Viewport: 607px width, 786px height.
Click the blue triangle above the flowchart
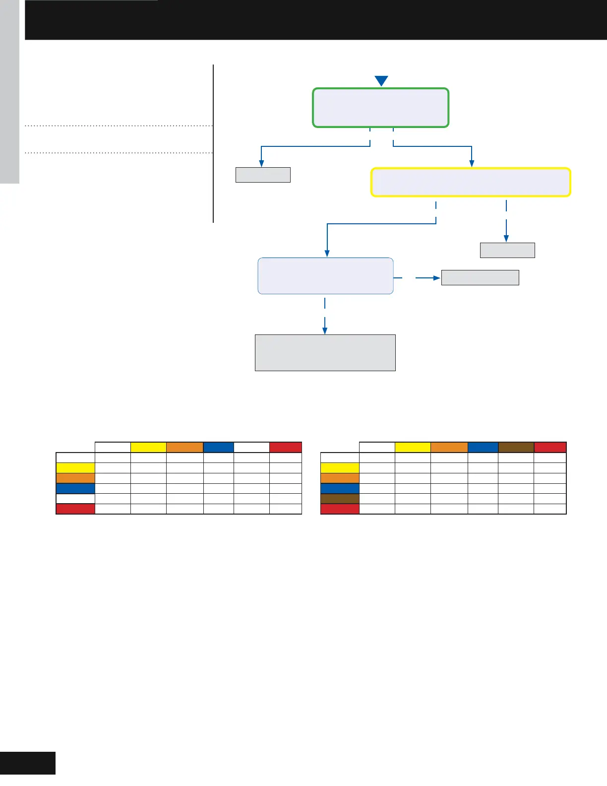pos(381,81)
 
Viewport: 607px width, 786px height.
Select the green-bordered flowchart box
pos(380,108)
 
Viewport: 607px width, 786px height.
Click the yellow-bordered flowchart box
pos(471,182)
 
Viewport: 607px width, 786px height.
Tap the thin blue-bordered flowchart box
pos(325,276)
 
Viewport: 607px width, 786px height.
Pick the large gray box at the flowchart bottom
pos(325,353)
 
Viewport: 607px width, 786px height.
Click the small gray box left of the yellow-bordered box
pos(263,175)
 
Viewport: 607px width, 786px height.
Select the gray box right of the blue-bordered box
pos(480,278)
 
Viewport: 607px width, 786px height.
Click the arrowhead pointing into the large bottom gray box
pos(325,331)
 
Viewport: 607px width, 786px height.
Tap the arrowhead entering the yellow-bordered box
pos(472,164)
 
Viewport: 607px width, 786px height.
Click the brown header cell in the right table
pos(516,447)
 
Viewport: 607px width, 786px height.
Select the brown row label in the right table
pos(340,499)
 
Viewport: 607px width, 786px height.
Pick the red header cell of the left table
pos(286,447)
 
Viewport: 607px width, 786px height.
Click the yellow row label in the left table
pos(75,467)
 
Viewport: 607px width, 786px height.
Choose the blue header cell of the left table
pos(218,447)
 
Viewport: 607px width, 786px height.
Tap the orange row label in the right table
pos(340,478)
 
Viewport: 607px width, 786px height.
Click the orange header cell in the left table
pos(184,447)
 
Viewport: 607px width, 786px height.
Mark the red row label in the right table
pos(340,509)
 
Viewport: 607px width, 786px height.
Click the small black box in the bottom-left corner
pos(28,763)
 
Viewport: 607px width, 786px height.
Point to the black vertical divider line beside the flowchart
pos(213,143)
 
